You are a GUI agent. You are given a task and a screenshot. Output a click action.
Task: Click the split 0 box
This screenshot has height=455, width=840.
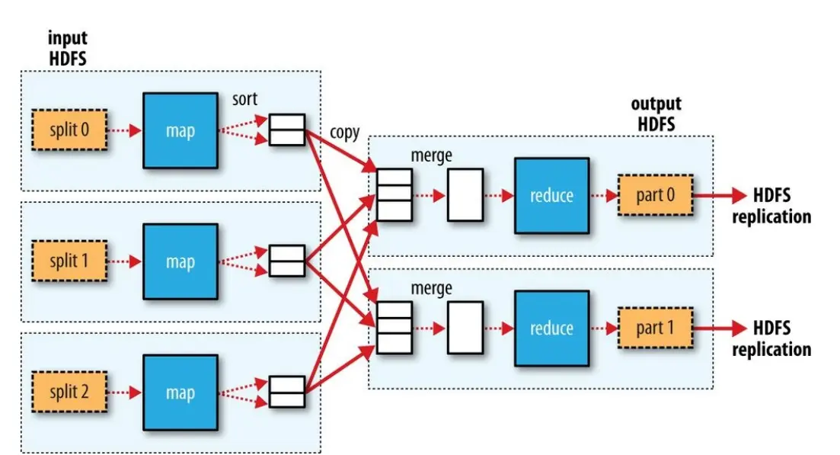(69, 130)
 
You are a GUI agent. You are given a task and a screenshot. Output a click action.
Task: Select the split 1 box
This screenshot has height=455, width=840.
(69, 261)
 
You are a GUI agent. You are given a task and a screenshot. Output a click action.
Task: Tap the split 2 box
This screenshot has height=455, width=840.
(69, 392)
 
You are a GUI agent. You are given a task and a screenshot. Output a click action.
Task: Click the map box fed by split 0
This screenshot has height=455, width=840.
(180, 130)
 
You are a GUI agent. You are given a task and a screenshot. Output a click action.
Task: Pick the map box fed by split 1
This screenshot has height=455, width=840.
(180, 261)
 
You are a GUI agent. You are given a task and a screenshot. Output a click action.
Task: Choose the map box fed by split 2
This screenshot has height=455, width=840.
(180, 393)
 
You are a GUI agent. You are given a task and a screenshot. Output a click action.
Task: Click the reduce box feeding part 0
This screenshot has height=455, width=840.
(552, 196)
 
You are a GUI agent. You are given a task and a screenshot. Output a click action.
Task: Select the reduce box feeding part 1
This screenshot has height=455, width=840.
(552, 328)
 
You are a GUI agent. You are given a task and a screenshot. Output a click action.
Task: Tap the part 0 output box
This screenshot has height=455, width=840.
(655, 195)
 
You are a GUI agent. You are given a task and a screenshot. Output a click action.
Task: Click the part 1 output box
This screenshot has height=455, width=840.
(655, 328)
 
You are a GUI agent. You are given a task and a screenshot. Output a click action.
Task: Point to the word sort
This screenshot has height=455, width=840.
(244, 99)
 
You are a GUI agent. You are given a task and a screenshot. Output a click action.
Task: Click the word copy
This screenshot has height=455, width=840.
(344, 133)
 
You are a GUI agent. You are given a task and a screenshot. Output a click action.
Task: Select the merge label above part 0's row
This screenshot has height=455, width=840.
(431, 155)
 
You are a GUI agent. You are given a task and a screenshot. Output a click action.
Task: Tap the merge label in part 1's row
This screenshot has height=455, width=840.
(431, 288)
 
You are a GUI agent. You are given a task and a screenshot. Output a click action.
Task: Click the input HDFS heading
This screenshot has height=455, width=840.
(68, 48)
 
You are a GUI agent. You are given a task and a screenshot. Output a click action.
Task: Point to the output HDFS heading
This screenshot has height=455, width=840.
(656, 114)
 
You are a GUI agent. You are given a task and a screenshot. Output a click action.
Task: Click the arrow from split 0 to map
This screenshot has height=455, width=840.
(124, 130)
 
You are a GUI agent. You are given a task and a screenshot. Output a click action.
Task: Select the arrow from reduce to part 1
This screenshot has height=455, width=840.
(604, 328)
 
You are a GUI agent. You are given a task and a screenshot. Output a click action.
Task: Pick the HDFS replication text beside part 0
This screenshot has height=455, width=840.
(771, 206)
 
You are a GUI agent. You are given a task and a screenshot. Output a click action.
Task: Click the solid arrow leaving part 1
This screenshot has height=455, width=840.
(720, 328)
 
